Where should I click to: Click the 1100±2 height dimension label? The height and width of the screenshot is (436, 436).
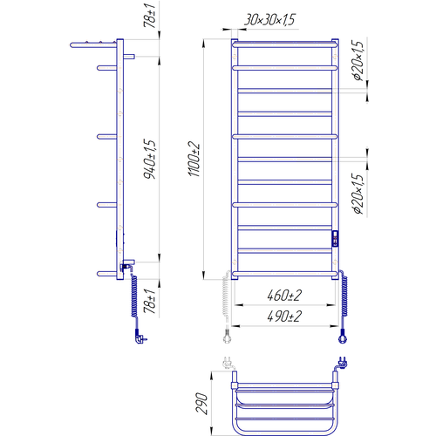[194, 159]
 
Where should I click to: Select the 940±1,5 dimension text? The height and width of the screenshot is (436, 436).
[150, 159]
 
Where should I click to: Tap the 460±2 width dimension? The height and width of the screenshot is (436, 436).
[284, 296]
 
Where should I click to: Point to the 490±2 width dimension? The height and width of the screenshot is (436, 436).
[284, 317]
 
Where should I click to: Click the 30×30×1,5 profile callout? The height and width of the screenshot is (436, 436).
[269, 20]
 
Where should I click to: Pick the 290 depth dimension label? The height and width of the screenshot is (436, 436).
[201, 403]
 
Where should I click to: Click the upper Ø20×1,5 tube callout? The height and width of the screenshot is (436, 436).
[358, 61]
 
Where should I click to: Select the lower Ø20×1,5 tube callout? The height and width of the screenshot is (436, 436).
[358, 194]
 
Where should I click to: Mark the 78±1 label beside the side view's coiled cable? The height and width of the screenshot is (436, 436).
[150, 302]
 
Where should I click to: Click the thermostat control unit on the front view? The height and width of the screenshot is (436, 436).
[335, 238]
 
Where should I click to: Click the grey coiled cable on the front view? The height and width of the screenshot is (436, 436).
[226, 299]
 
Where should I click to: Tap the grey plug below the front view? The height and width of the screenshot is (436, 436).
[227, 337]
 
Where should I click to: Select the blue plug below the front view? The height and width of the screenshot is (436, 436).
[343, 337]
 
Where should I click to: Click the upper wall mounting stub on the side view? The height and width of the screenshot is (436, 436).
[129, 57]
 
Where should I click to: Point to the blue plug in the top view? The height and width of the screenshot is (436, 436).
[343, 363]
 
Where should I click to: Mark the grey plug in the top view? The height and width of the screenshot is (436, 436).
[228, 363]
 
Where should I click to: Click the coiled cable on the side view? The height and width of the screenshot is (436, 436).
[134, 295]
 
